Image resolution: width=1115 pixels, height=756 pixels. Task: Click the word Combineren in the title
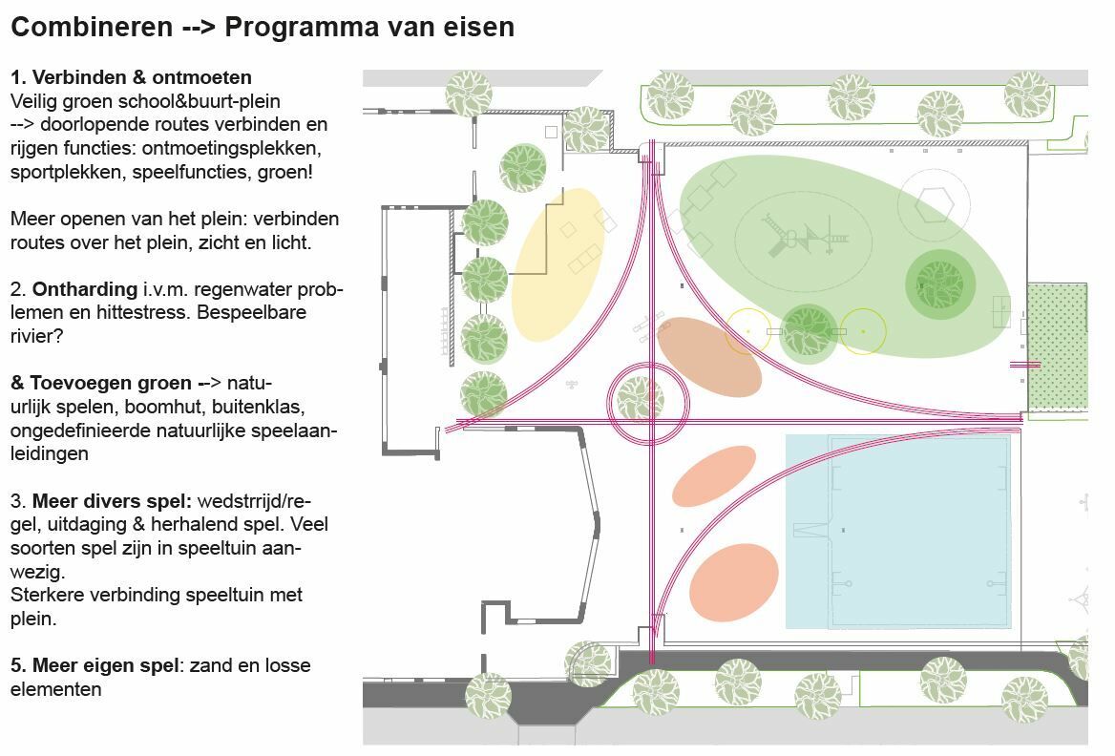click(x=92, y=27)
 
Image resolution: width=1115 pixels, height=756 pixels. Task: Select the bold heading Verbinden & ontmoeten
click(x=141, y=76)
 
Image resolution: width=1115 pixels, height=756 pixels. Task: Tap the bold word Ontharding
click(x=85, y=289)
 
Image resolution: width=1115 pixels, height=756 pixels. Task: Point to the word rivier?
click(x=36, y=336)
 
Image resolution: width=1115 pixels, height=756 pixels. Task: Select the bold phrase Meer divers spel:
click(x=112, y=501)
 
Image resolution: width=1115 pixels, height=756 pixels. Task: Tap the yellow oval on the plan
click(x=558, y=264)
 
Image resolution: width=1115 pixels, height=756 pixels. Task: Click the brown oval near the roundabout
click(x=709, y=357)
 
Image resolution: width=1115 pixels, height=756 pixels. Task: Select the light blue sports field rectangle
click(x=898, y=532)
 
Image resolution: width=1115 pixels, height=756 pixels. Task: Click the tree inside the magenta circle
click(x=640, y=399)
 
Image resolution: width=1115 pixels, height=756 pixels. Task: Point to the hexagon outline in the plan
click(x=934, y=205)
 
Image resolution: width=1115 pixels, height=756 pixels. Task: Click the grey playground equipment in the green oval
click(x=804, y=236)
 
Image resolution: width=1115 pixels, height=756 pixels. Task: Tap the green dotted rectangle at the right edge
click(x=1058, y=347)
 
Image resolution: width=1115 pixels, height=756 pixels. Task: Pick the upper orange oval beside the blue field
click(x=714, y=475)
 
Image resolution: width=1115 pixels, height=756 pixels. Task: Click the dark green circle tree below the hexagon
click(x=940, y=285)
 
